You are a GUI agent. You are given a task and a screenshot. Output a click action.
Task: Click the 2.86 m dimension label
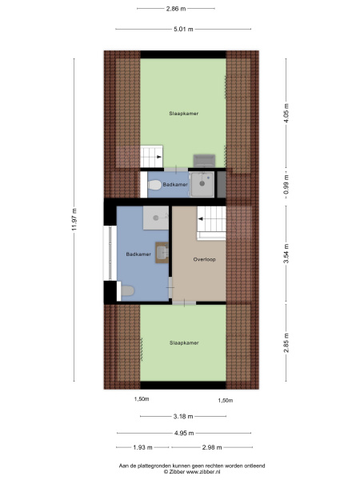pos(176,9)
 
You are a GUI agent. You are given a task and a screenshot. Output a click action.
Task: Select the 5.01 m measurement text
pos(183,29)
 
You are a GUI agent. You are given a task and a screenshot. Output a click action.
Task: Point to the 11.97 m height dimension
pos(74,219)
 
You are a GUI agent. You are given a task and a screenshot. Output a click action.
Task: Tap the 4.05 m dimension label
pos(286,113)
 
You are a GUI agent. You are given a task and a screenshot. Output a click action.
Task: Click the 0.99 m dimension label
pos(286,184)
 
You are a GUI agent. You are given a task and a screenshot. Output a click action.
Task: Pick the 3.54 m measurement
pos(286,254)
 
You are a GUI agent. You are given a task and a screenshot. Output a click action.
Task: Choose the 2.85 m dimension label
pos(286,343)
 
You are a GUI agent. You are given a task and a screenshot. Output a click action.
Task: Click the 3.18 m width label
pos(183,416)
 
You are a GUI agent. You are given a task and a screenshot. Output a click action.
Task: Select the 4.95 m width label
pos(184,433)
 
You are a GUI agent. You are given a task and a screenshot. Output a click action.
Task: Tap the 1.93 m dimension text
pos(142,447)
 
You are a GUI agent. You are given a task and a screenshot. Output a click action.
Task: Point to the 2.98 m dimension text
pos(212,447)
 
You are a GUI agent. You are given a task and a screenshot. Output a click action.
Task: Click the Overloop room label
pos(204,259)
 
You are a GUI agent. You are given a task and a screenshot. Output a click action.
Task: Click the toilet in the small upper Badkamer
pos(154,185)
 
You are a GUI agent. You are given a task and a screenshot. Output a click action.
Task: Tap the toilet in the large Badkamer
pos(127,290)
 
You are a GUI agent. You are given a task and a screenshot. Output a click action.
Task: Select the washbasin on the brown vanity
pos(162,253)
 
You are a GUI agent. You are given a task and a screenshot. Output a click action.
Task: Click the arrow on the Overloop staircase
pos(202,219)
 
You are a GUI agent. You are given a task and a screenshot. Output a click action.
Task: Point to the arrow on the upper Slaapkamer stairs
pos(159,157)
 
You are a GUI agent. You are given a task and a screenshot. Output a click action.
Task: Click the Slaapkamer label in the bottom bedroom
pos(184,343)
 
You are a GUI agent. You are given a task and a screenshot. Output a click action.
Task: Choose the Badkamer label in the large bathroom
pos(138,254)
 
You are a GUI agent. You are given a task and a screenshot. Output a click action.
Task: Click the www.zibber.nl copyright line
pos(192,472)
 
